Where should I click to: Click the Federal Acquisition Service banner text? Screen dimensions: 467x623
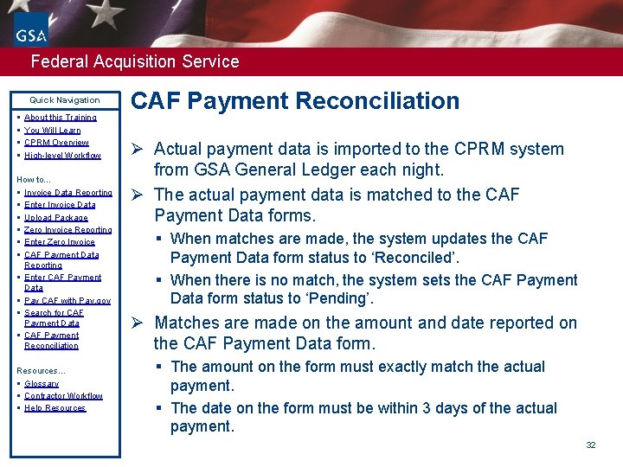coord(134,61)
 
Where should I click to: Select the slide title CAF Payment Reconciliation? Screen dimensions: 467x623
coord(295,100)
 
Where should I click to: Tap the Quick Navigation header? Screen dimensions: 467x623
coord(65,100)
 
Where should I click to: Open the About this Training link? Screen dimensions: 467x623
coord(61,118)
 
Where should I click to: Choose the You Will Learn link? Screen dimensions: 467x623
coord(53,131)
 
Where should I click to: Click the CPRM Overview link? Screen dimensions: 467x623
coord(56,143)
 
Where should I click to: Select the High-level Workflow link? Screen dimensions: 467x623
coord(62,156)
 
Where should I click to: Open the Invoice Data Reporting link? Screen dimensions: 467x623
coord(68,193)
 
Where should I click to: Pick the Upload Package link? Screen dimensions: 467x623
coord(56,218)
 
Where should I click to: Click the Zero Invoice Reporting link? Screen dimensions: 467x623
coord(68,230)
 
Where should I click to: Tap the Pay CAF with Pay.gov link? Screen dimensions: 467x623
coord(67,301)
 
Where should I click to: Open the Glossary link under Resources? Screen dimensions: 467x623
coord(42,384)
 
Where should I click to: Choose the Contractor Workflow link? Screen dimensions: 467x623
coord(63,396)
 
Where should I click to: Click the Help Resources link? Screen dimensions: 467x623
coord(55,408)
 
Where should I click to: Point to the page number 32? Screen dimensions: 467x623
coord(591,445)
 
